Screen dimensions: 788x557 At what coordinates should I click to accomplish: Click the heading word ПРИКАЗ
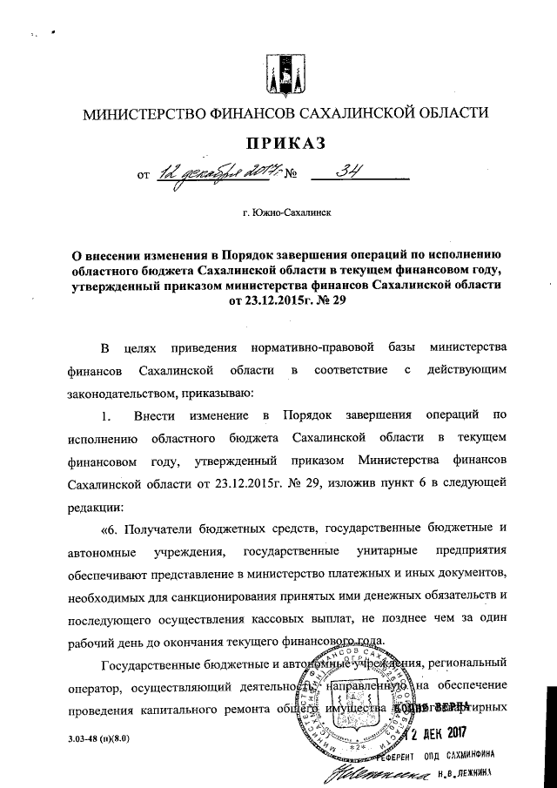tap(278, 143)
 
